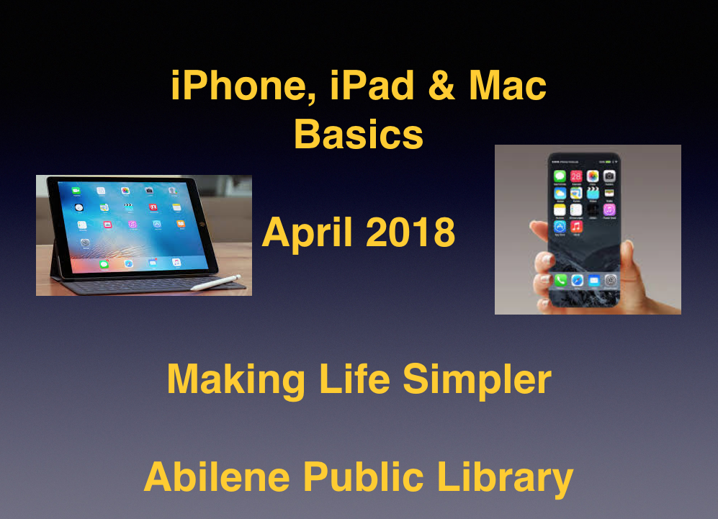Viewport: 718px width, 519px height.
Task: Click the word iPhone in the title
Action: pos(238,86)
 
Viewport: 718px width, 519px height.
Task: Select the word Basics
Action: pos(359,134)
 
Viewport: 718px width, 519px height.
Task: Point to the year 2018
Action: pos(410,232)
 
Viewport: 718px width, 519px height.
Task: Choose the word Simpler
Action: pos(477,381)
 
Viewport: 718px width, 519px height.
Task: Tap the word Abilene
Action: pos(217,477)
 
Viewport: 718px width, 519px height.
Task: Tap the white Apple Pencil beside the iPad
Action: pos(216,282)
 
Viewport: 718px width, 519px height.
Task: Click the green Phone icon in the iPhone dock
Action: pos(560,280)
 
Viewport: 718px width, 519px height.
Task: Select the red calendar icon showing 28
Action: pos(576,176)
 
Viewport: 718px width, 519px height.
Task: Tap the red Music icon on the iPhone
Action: pos(576,227)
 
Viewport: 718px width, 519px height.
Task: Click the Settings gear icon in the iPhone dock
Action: pos(611,280)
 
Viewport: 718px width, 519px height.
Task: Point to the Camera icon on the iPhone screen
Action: pos(609,176)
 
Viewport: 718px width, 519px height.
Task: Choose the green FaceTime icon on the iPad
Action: pos(76,190)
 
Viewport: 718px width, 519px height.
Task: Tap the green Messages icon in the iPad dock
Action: pos(104,264)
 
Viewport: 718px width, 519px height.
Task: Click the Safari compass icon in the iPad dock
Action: pos(129,263)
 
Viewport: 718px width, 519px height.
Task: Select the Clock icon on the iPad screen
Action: pos(78,207)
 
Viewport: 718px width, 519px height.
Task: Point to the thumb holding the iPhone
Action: pos(539,229)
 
